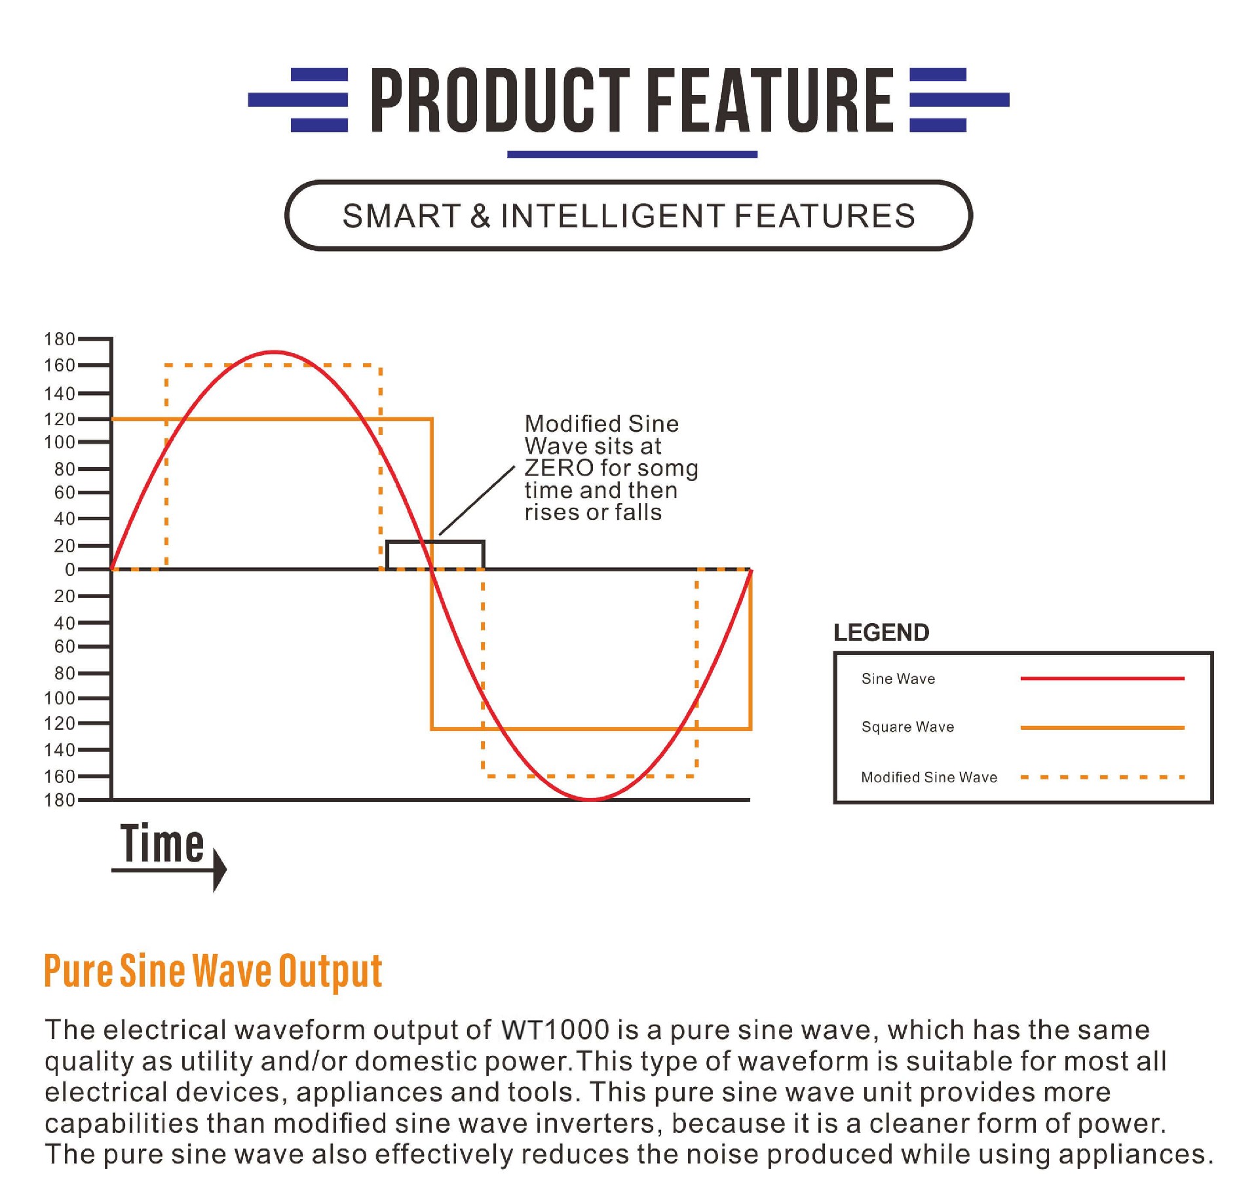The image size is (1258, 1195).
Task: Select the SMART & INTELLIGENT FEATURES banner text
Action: (628, 216)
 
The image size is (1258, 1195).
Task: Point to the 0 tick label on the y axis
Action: (69, 570)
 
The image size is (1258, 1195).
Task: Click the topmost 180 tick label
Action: (60, 339)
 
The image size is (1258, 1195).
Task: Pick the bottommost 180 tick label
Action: (60, 800)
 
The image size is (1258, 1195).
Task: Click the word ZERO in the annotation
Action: (559, 468)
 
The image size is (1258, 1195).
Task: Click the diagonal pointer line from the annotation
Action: (477, 501)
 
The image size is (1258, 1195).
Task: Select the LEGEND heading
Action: (881, 632)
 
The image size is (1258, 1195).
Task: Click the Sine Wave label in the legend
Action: (898, 679)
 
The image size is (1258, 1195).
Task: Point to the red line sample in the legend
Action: (1103, 678)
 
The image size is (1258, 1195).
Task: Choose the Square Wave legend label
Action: (907, 727)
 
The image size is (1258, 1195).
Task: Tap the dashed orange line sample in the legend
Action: (1103, 777)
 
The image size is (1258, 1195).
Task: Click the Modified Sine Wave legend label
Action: (929, 777)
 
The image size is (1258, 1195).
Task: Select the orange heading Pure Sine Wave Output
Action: (213, 971)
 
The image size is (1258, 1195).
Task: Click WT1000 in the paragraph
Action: (555, 1029)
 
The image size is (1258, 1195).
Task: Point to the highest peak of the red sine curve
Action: (274, 352)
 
